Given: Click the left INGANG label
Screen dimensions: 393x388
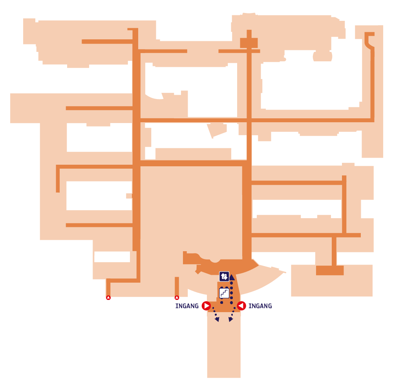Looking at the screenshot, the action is (x=187, y=306).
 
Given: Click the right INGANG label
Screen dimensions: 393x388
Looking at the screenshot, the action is (x=260, y=306).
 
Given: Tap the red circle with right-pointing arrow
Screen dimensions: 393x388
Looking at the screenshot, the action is (x=206, y=306).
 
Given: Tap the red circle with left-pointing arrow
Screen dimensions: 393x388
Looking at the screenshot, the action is (x=241, y=306).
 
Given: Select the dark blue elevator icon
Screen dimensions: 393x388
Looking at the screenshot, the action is (x=224, y=276).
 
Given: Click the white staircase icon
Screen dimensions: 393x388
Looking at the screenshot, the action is (x=224, y=293).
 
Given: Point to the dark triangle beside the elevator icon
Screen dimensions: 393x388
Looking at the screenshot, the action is (x=232, y=277).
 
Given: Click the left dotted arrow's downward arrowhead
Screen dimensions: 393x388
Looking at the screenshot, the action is (x=217, y=319).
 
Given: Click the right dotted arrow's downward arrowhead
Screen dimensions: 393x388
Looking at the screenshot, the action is (x=230, y=319).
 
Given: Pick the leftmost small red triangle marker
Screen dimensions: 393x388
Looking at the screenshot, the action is (x=108, y=298).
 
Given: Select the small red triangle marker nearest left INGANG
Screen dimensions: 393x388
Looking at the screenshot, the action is (x=177, y=298).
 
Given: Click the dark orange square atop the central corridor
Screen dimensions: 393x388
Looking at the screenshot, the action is (x=249, y=43).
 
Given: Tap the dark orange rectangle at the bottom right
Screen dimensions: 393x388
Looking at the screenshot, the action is (x=329, y=270).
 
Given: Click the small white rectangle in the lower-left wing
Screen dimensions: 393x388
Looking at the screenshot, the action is (x=112, y=257).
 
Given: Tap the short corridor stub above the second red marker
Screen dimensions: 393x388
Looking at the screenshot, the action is (x=177, y=286).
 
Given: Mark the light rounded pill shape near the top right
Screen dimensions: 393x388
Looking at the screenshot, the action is (x=322, y=56).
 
